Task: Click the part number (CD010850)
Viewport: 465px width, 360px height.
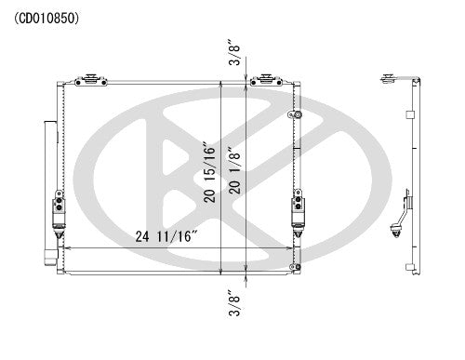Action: click(x=46, y=18)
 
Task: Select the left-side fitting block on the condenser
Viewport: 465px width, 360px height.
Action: click(x=59, y=210)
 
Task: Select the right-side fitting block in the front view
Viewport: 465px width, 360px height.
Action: click(x=298, y=208)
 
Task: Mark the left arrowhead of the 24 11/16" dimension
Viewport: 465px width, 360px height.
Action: click(x=62, y=249)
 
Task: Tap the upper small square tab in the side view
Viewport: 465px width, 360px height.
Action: click(x=411, y=116)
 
